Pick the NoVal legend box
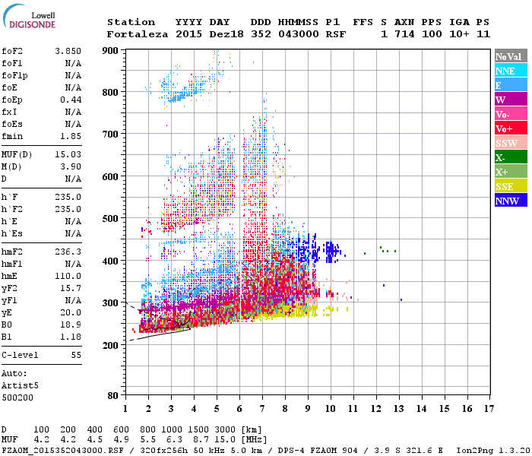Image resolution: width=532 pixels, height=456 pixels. click(508, 56)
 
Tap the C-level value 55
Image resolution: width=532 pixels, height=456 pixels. click(76, 355)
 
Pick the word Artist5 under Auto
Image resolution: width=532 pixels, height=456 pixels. click(20, 385)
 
